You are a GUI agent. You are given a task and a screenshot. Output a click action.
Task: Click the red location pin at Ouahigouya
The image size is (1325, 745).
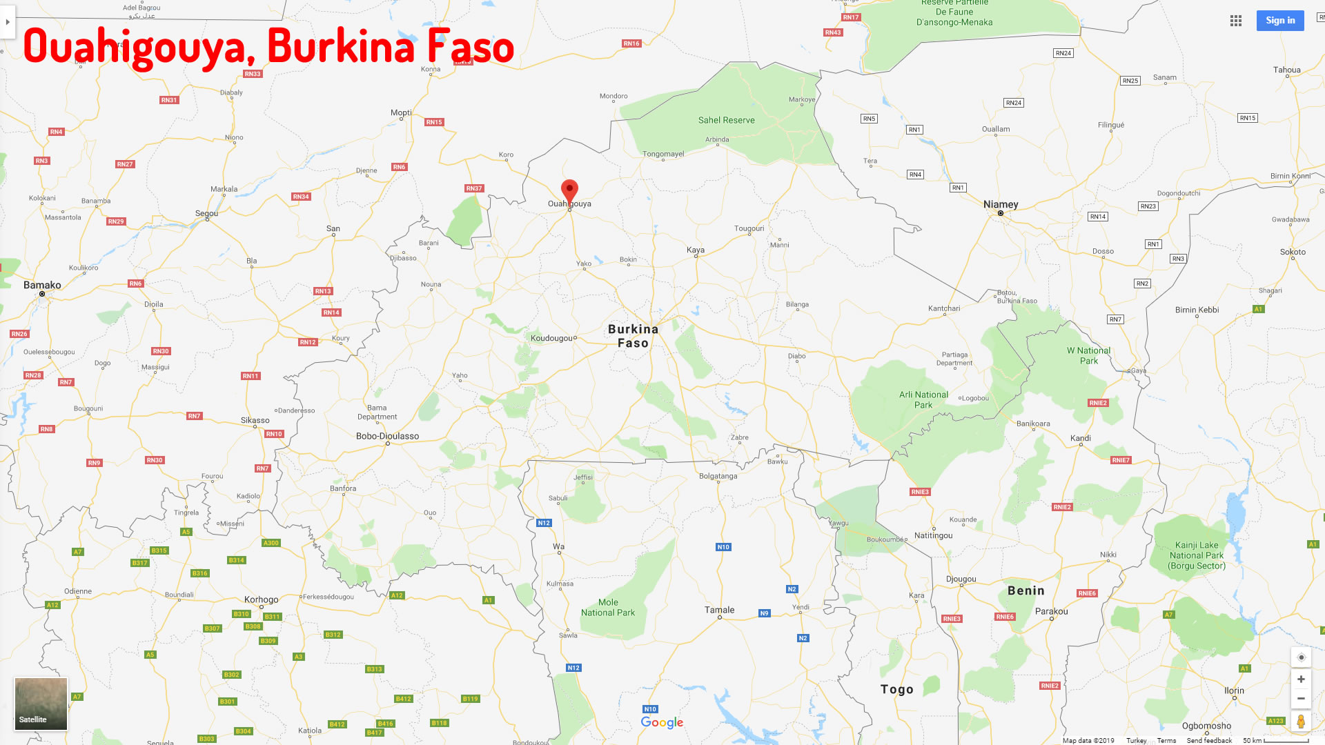[569, 190]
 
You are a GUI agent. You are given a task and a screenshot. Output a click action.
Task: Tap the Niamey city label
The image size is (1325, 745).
[1001, 204]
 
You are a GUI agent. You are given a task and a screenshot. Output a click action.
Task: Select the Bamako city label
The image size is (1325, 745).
[42, 285]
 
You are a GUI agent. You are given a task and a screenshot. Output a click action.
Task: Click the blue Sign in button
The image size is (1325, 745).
[1280, 21]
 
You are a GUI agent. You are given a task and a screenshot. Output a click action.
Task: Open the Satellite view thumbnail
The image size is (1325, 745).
[41, 704]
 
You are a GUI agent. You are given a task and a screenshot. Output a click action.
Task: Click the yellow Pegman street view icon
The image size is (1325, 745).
[1301, 722]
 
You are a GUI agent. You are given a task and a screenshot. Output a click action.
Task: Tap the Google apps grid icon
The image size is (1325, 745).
[1236, 21]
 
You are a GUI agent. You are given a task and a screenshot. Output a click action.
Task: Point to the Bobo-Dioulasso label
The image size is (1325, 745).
[387, 436]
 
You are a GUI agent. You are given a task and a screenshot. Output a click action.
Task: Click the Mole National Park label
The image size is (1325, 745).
[608, 607]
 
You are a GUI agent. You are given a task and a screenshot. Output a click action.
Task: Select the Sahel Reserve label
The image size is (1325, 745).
[726, 120]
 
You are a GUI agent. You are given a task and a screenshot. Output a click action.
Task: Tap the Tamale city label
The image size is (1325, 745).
[719, 610]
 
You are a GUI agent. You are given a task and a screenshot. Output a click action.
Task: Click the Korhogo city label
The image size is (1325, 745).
[261, 599]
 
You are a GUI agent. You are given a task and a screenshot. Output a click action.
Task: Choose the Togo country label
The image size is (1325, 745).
[896, 689]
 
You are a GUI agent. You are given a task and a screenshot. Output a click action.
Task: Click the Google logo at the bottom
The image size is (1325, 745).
[662, 722]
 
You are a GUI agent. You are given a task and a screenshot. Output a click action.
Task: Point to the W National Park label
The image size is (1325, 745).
[1088, 355]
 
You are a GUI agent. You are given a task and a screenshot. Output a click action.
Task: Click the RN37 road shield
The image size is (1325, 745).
[474, 188]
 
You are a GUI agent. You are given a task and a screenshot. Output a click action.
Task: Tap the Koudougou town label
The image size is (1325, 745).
[552, 338]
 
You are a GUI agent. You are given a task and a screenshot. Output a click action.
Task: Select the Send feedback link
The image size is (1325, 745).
[1209, 740]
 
